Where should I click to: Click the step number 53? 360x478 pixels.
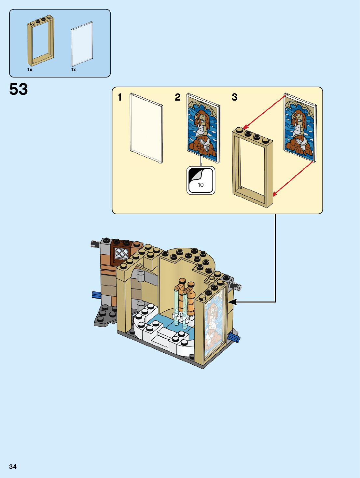pyautogui.click(x=19, y=89)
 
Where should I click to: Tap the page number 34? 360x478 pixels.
pyautogui.click(x=13, y=467)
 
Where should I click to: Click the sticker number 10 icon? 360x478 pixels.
pyautogui.click(x=201, y=180)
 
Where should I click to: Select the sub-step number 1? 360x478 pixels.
pyautogui.click(x=120, y=97)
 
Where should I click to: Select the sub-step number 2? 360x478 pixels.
pyautogui.click(x=177, y=97)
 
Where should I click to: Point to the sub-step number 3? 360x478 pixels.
pyautogui.click(x=235, y=97)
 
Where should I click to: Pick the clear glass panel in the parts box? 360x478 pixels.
pyautogui.click(x=82, y=44)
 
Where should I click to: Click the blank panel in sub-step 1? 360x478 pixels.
pyautogui.click(x=146, y=128)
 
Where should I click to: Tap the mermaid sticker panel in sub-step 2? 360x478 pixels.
pyautogui.click(x=203, y=128)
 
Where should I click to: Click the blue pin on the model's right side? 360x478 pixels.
pyautogui.click(x=235, y=338)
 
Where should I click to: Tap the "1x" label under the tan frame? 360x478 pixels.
pyautogui.click(x=30, y=70)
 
